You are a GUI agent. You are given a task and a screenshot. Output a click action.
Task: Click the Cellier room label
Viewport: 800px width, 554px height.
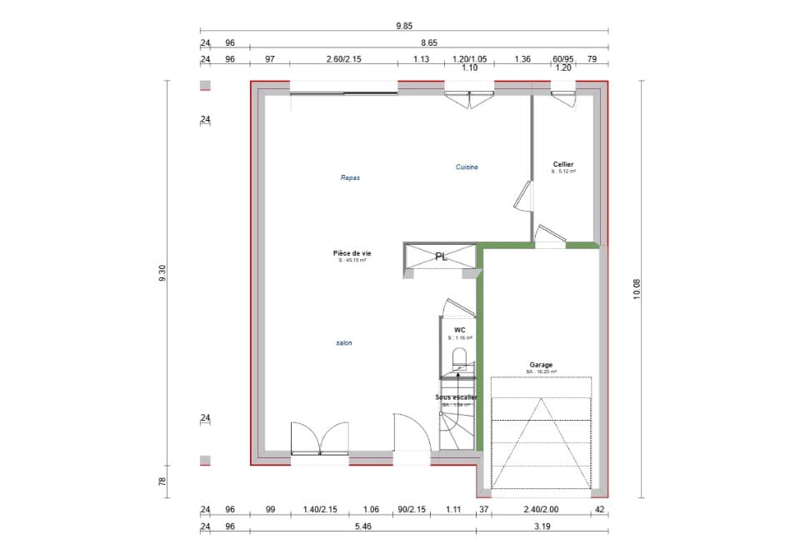coord(563,164)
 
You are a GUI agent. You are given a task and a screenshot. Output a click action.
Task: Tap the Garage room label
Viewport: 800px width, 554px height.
coord(541,365)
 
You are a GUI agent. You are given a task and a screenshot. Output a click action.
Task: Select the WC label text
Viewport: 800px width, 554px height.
coord(459,330)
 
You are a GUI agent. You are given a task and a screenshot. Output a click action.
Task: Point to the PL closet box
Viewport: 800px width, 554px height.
coord(441,257)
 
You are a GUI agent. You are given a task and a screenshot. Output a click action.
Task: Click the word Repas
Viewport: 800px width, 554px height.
coord(350,177)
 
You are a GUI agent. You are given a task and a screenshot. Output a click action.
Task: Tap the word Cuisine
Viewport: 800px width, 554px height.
coord(467,167)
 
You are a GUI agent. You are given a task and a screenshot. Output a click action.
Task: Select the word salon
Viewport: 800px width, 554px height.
coord(343,342)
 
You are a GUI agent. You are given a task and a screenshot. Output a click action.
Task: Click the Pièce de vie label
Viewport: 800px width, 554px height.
coord(352,252)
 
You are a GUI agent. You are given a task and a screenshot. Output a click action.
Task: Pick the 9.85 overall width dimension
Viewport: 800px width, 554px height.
coord(404,26)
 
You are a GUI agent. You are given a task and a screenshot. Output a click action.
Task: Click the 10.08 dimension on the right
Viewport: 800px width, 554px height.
coord(637,288)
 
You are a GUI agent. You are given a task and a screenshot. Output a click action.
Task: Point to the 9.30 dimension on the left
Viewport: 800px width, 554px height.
coord(162,273)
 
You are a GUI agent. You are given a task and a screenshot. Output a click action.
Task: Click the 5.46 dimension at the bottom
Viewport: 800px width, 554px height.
coord(362,526)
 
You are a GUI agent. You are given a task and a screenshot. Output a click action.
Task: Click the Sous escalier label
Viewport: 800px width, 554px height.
coord(457,397)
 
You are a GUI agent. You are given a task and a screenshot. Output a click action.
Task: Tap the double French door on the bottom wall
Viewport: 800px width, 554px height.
coord(319,439)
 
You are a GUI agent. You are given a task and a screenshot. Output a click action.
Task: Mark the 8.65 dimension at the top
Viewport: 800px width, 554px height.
coord(428,42)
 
